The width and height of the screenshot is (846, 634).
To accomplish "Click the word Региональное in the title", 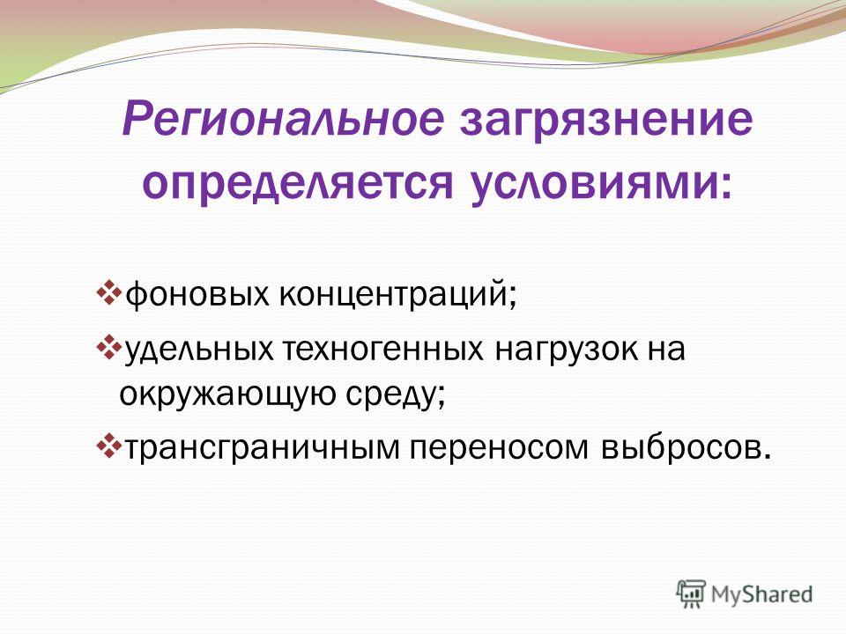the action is [x=283, y=119].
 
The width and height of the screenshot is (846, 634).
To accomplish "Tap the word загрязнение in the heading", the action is [x=606, y=122].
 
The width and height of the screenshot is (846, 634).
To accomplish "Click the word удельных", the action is [x=198, y=351].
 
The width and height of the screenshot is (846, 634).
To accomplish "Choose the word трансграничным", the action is [x=263, y=448].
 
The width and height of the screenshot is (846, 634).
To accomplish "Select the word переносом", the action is [x=499, y=448].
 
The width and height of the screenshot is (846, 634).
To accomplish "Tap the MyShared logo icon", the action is [x=691, y=594].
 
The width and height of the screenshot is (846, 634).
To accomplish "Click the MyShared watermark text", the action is [x=761, y=595].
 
